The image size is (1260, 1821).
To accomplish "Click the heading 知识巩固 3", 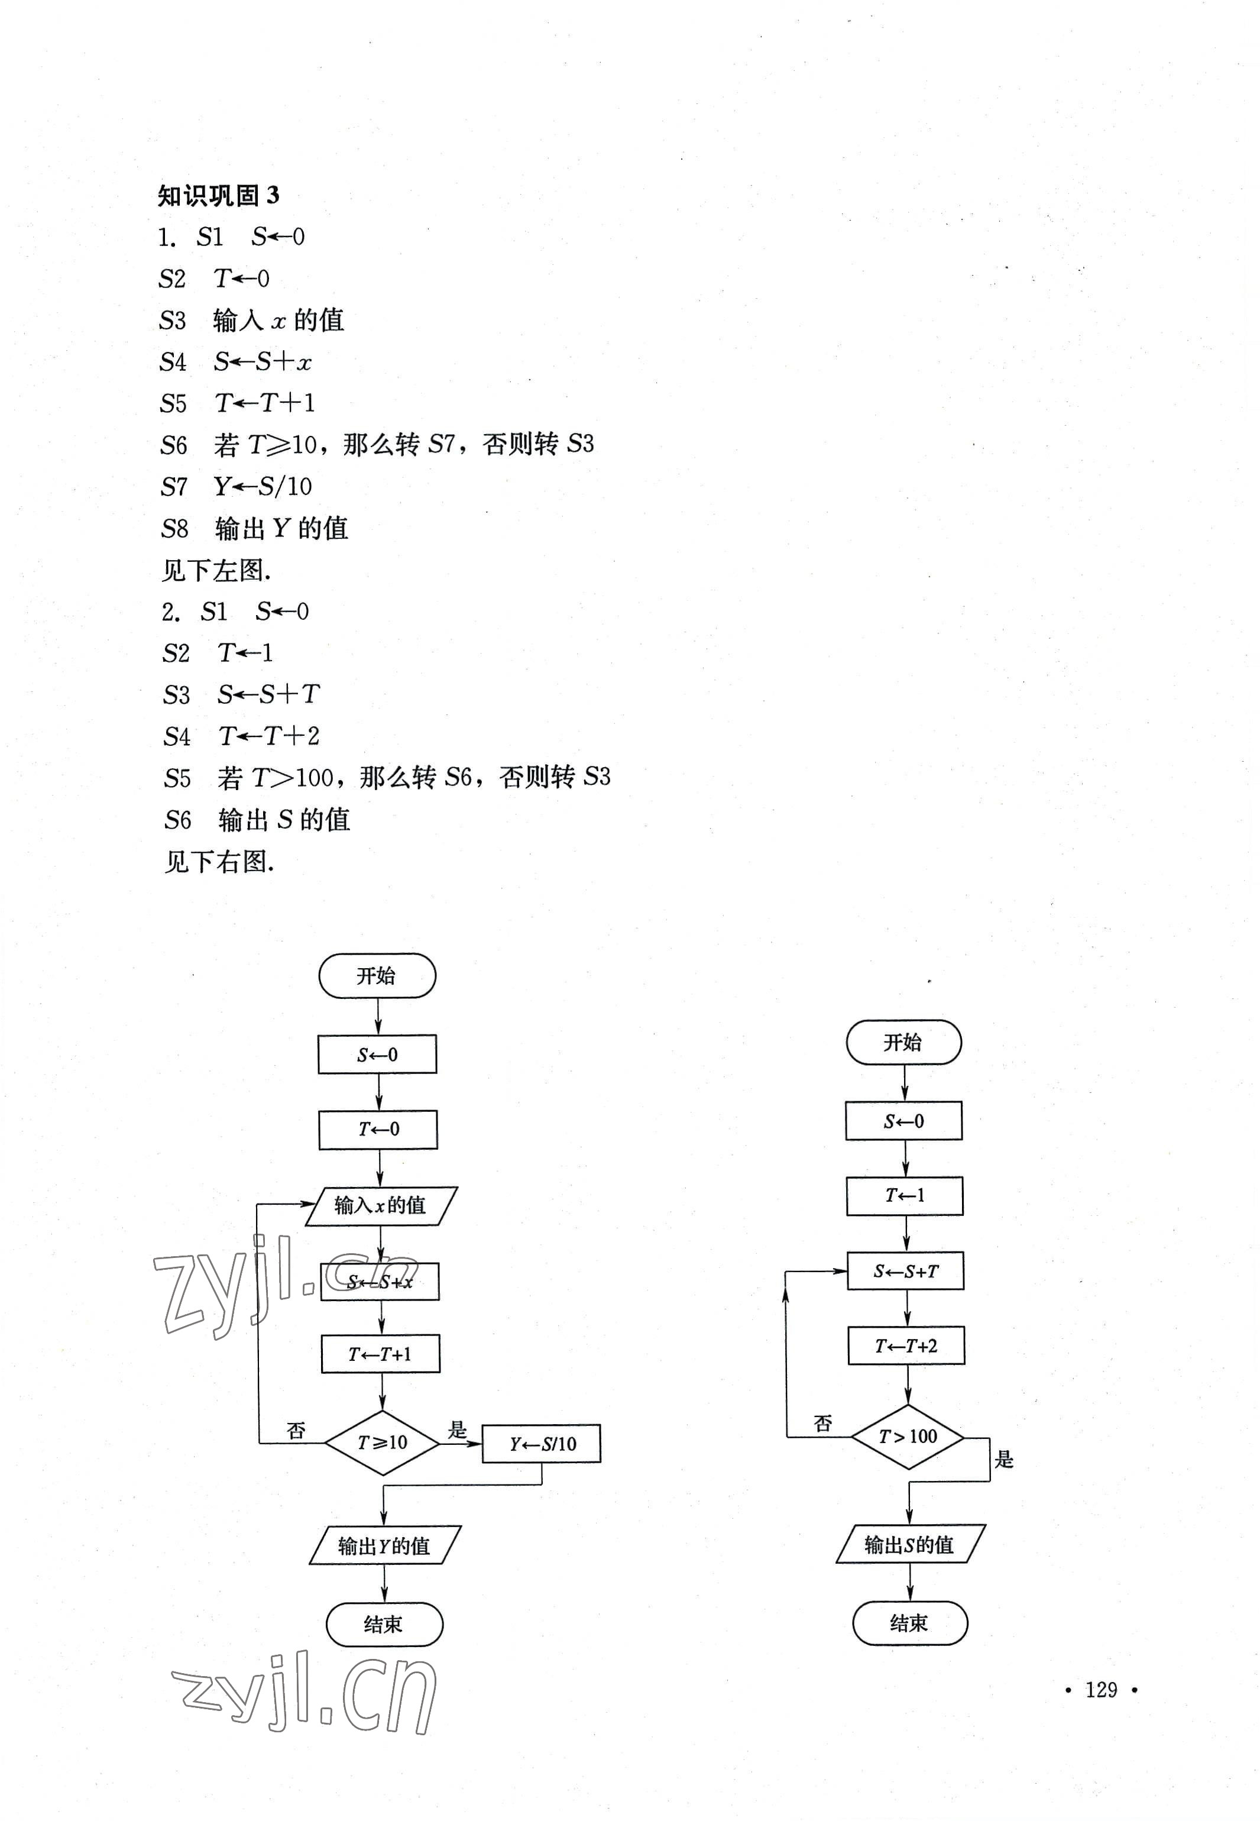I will [218, 195].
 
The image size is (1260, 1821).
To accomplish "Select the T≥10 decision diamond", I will [382, 1442].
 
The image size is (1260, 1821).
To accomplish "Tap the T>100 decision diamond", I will [908, 1437].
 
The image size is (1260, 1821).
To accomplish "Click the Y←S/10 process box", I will [542, 1444].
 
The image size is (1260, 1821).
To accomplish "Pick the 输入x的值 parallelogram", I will [381, 1206].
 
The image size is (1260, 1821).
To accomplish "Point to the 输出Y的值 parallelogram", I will [384, 1545].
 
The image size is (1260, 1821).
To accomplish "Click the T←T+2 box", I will [906, 1345].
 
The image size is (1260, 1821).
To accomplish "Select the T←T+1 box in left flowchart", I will [381, 1354].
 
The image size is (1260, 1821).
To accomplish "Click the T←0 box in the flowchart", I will [378, 1129].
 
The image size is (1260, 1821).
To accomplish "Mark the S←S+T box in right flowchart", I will [905, 1272].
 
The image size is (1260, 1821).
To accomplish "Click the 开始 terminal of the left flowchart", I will [377, 976].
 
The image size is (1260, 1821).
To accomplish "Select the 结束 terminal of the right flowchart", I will [909, 1623].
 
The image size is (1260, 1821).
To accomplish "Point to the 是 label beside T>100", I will [1003, 1458].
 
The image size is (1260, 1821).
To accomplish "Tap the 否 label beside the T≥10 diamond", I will [296, 1430].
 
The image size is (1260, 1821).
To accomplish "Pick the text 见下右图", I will [219, 862].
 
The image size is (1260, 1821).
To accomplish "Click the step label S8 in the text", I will [174, 528].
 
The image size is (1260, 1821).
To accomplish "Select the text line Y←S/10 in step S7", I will [263, 486].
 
